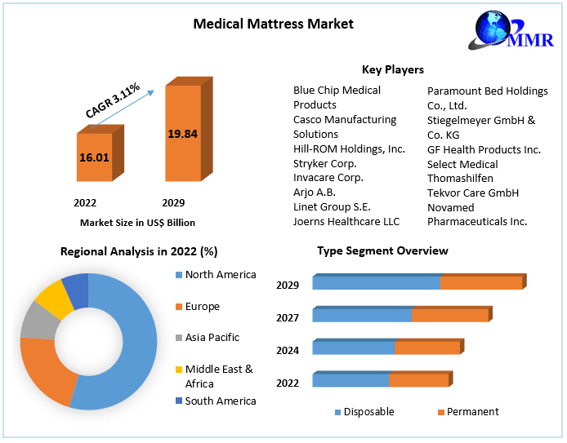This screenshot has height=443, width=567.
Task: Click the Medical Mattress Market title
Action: (x=274, y=23)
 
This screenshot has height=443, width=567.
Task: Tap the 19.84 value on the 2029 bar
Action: (x=183, y=133)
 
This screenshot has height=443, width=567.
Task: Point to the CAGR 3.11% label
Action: (x=114, y=100)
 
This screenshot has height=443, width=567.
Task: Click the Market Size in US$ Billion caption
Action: (x=137, y=222)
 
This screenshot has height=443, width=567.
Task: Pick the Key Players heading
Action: (x=392, y=69)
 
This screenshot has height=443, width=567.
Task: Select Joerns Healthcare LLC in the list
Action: (x=346, y=221)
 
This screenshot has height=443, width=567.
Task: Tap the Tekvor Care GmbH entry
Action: (x=473, y=193)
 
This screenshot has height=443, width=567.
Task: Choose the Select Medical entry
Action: (x=462, y=164)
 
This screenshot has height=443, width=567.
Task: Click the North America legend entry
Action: (x=221, y=275)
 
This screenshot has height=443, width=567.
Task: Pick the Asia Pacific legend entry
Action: (x=212, y=338)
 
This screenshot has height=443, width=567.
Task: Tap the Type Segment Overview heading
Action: (x=382, y=250)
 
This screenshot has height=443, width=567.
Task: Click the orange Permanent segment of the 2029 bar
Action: (x=480, y=283)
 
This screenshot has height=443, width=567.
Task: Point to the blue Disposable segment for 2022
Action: (x=350, y=380)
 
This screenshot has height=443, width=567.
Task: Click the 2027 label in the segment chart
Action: (x=288, y=317)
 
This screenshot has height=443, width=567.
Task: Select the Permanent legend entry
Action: (x=473, y=412)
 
